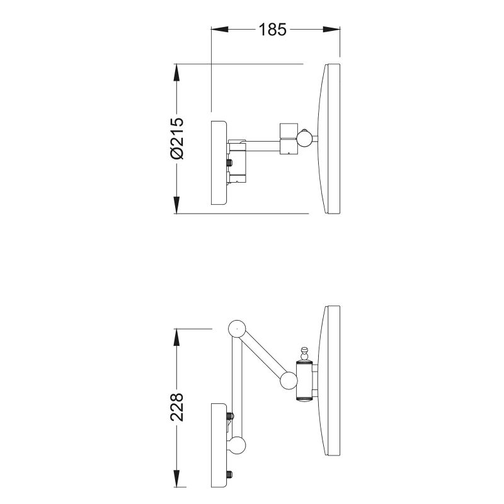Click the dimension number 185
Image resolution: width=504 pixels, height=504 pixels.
coord(272,30)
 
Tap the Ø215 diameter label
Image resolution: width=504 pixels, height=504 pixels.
coord(177,139)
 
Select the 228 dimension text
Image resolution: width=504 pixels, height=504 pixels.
coord(177,407)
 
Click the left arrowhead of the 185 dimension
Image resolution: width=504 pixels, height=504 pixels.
coord(219,29)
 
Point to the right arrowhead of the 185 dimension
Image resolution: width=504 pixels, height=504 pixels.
coord(331,29)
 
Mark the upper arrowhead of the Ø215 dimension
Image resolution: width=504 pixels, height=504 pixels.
coord(176,72)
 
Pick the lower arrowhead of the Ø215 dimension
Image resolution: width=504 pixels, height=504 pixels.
coord(176,205)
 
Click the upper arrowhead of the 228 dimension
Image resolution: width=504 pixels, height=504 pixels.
coord(176,338)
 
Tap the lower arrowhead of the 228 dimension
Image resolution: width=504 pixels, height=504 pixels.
coord(176,479)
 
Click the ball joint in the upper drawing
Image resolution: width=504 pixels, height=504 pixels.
coord(304,139)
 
